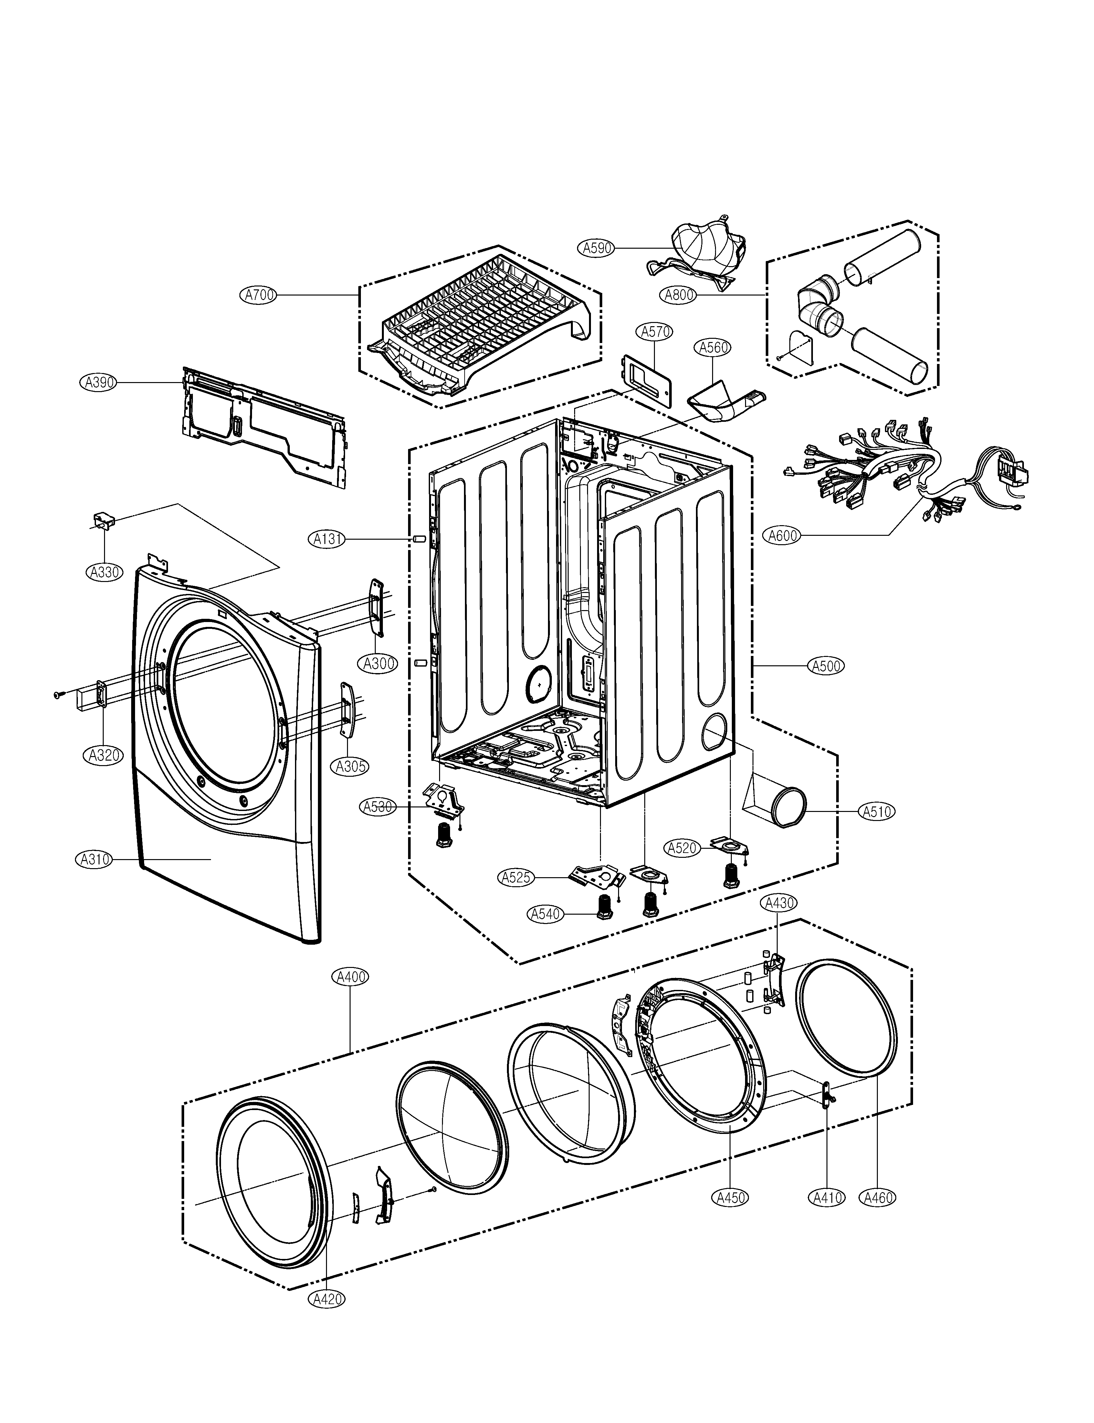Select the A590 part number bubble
tap(596, 248)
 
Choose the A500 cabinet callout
tap(826, 666)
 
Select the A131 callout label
tap(328, 539)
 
